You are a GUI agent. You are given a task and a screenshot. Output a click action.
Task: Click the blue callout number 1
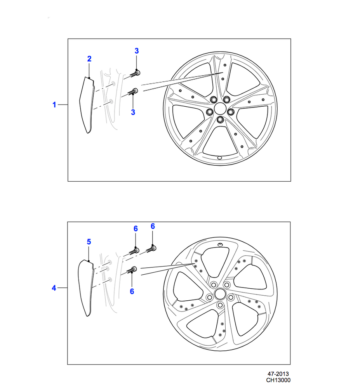tap(54, 105)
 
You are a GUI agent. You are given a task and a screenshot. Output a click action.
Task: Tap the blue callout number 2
tap(89, 59)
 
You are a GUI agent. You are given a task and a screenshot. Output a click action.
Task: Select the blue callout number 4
tap(54, 288)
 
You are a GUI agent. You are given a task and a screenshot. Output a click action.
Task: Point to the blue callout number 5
tap(89, 242)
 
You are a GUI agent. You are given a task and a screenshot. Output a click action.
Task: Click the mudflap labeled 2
tap(87, 105)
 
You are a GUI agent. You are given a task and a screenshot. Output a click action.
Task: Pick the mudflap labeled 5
tap(86, 288)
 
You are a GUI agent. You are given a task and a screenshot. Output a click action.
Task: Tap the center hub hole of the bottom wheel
tap(220, 294)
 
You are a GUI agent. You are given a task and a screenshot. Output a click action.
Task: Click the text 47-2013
tap(278, 374)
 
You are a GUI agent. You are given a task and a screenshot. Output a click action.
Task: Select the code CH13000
tap(278, 380)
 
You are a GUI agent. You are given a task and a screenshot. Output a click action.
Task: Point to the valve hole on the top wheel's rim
tap(219, 158)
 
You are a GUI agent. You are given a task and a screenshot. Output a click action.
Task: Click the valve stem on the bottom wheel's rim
tap(220, 245)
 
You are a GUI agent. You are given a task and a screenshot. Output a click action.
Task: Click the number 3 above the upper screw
tap(137, 51)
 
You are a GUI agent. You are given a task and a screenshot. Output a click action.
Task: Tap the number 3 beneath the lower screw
tap(133, 112)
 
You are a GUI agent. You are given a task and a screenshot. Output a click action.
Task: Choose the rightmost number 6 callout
tap(153, 226)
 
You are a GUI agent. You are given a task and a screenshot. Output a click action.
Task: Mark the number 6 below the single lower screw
tap(132, 291)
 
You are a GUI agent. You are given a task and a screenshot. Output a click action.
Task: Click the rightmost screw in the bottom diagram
tap(151, 249)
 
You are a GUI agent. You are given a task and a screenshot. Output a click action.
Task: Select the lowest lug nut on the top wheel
tap(220, 120)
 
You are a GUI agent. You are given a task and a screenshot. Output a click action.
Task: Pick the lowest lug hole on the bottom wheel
tap(220, 305)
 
